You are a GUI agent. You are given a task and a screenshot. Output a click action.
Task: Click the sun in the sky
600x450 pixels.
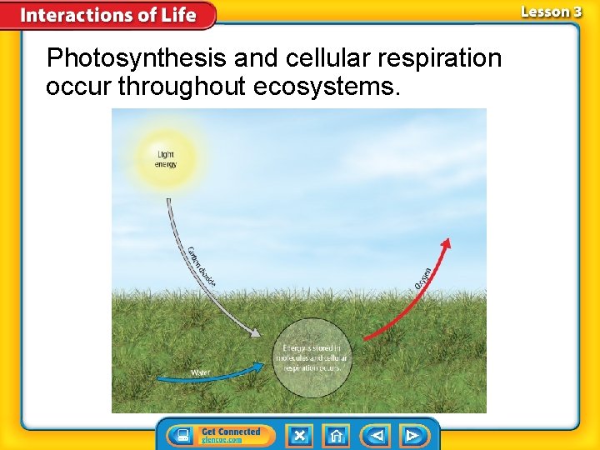166,157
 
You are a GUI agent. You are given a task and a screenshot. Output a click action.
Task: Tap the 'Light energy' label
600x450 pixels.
166,159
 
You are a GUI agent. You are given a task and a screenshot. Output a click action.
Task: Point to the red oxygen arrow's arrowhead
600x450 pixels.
446,244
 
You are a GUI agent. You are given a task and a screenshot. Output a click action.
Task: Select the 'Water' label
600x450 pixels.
201,372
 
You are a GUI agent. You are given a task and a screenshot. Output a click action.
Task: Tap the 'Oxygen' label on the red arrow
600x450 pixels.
422,278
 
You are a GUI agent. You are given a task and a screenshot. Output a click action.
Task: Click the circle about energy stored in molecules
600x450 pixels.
312,357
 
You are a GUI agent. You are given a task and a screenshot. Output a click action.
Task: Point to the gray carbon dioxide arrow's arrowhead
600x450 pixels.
256,332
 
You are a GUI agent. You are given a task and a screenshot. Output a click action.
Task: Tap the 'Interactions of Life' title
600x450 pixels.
108,15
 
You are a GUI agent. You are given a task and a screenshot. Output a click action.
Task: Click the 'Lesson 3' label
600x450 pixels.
551,12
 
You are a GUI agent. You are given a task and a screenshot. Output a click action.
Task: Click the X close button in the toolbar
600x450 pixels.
299,436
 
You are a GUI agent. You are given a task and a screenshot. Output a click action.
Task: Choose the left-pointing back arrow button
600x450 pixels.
377,436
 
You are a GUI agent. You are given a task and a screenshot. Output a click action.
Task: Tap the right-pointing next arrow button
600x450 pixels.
412,436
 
